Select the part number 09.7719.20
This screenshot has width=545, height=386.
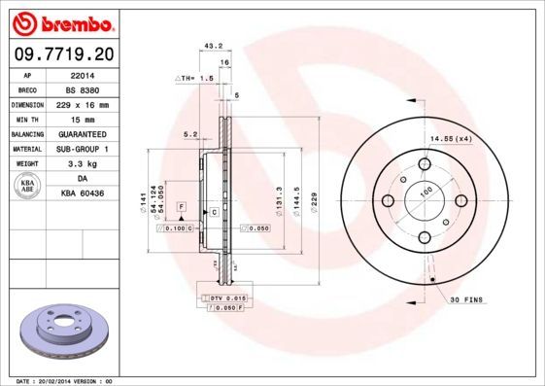60,54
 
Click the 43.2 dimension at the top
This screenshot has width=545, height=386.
206,45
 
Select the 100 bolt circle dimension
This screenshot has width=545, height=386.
425,193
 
